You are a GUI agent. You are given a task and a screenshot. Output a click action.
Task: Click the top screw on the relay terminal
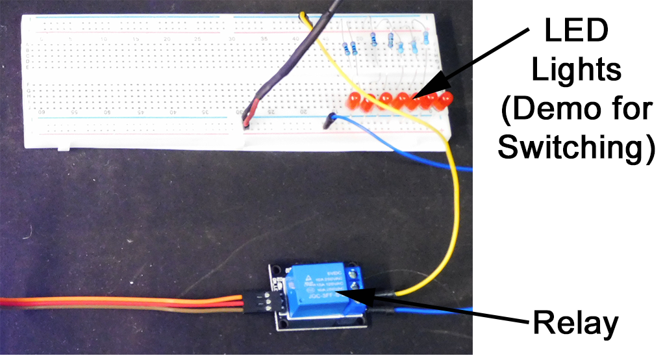[355, 272]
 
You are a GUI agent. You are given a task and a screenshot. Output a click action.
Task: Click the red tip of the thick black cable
[251, 110]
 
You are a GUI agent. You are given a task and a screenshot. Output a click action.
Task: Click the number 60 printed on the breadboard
[43, 112]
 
